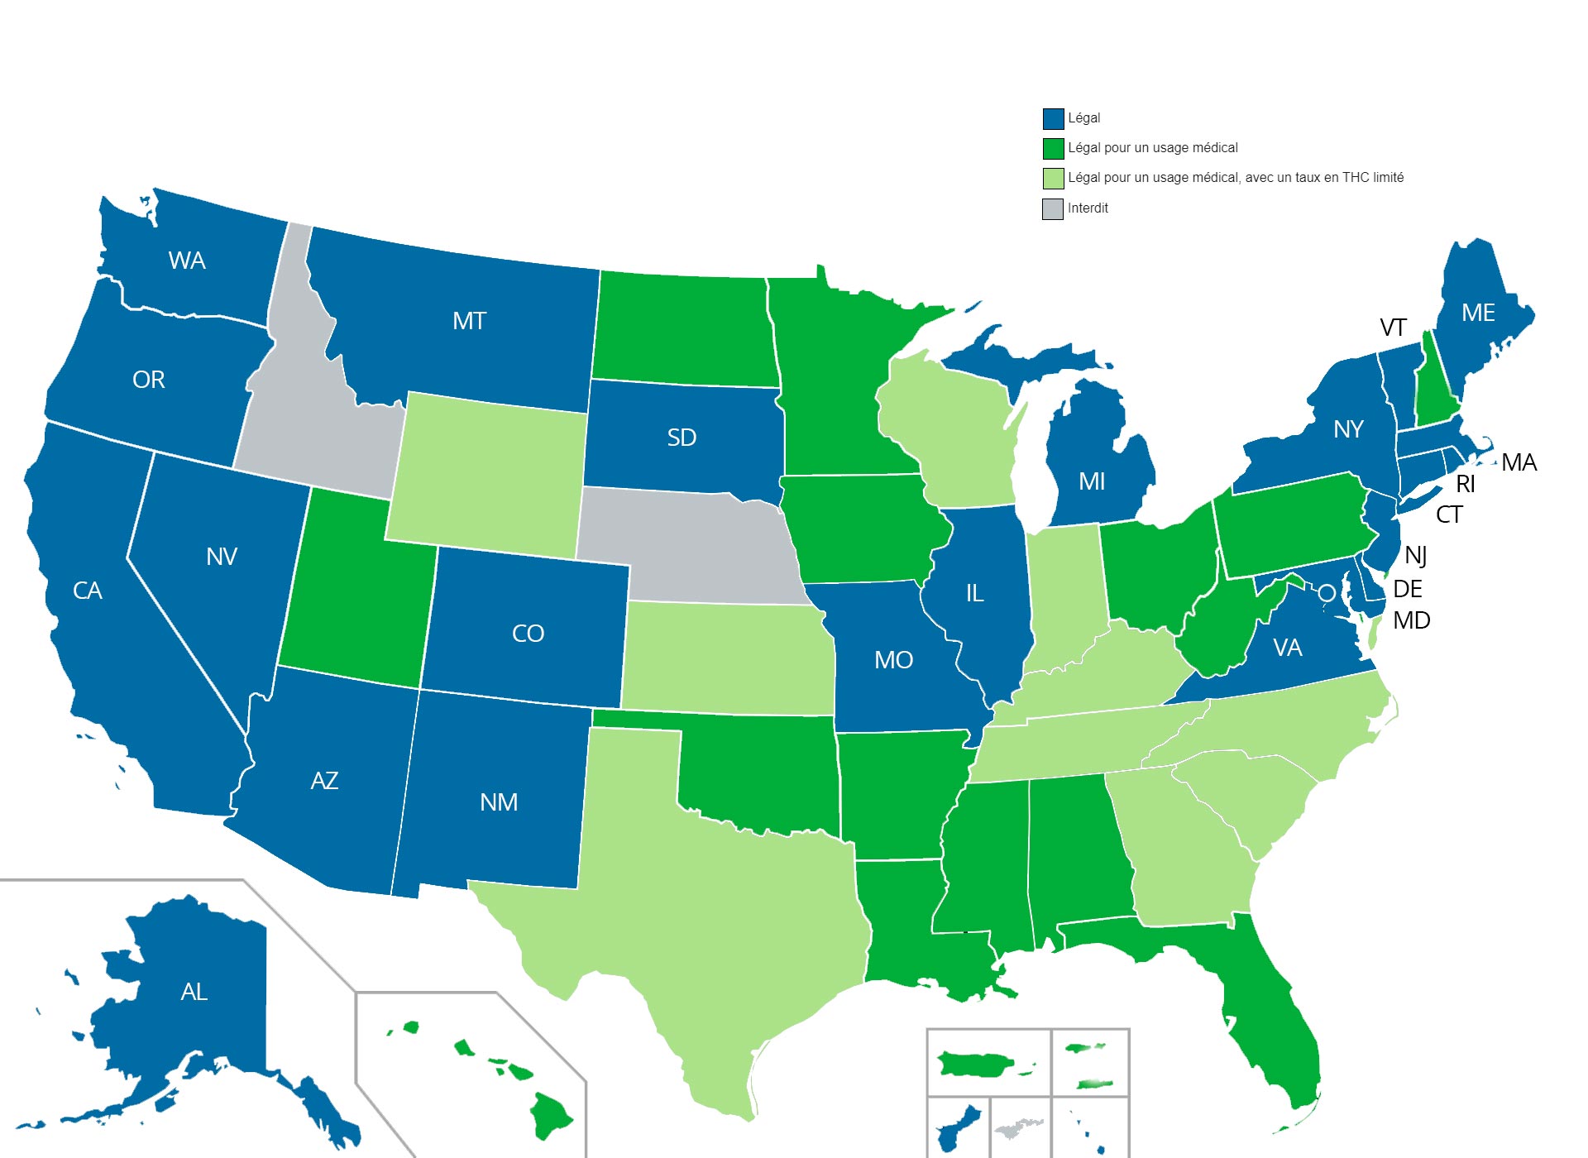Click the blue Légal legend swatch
tap(1053, 118)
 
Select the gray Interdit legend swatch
tap(1052, 209)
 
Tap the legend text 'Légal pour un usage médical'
tap(1152, 148)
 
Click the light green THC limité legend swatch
tap(1053, 179)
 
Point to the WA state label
tap(187, 261)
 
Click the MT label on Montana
tap(469, 321)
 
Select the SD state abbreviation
tap(682, 438)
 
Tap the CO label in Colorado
tap(528, 634)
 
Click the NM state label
tap(499, 802)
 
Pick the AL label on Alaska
tap(194, 992)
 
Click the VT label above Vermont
tap(1393, 328)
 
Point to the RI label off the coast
tap(1466, 484)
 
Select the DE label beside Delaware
tap(1408, 589)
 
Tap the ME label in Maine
tap(1478, 313)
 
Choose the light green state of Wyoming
tap(488, 476)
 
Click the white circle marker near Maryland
tap(1326, 592)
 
